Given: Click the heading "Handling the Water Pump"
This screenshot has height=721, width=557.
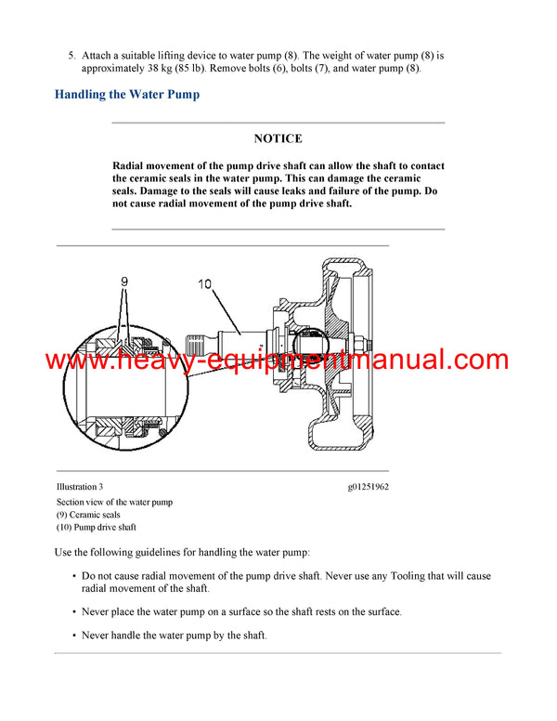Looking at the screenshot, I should pyautogui.click(x=127, y=94).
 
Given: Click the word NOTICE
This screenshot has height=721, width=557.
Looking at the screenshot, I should pyautogui.click(x=278, y=138).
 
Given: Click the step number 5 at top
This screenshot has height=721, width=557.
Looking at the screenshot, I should pyautogui.click(x=71, y=56).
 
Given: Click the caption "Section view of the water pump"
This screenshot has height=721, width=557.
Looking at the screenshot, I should pyautogui.click(x=114, y=502).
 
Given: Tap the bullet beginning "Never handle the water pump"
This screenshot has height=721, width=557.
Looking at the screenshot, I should pyautogui.click(x=175, y=636).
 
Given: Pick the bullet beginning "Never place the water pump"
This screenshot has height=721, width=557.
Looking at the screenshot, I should pyautogui.click(x=241, y=612).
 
